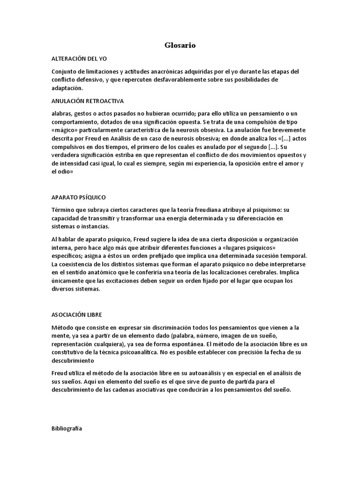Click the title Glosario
coord(180,45)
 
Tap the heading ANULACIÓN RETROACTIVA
coord(88,101)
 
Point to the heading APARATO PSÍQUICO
coord(82,197)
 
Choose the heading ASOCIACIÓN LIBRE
coord(77,315)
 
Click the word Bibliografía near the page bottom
coord(67,428)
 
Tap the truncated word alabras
coord(62,114)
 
